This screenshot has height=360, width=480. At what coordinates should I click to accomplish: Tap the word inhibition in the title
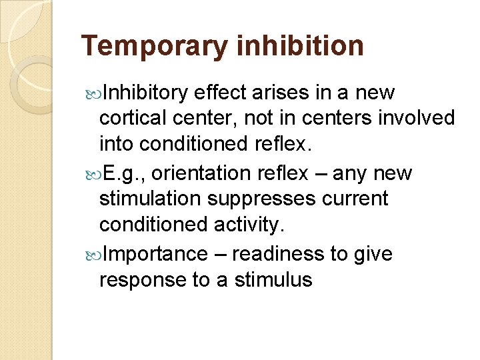(300, 47)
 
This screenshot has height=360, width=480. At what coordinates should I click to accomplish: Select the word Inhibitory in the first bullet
(147, 93)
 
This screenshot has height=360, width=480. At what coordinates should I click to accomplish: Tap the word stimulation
(151, 199)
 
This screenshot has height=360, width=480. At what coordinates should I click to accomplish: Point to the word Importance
(155, 254)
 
